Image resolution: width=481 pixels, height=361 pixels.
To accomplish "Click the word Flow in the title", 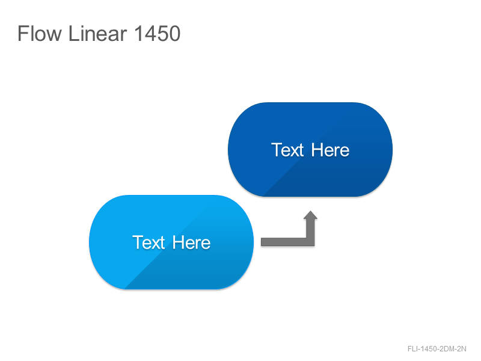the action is click(x=40, y=33).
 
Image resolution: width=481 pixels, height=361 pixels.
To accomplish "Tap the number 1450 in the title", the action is click(x=158, y=33).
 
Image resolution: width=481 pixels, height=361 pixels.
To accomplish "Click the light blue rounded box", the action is click(x=171, y=242).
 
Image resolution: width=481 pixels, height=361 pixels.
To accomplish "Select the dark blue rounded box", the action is click(x=310, y=149).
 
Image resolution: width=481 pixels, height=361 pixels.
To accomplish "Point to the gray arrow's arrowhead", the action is click(x=310, y=215).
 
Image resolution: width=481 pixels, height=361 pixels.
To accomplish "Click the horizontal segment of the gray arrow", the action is click(x=284, y=242).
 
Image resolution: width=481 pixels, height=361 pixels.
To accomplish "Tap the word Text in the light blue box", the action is click(x=149, y=242).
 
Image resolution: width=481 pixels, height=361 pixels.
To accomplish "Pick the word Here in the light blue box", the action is click(x=191, y=242).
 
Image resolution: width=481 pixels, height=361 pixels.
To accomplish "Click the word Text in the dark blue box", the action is click(x=287, y=150).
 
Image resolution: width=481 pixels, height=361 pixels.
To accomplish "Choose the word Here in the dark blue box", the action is click(x=330, y=150).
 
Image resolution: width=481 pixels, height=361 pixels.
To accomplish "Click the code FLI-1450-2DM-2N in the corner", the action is click(x=437, y=349).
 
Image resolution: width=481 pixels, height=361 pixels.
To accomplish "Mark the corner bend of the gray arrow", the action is click(x=310, y=242).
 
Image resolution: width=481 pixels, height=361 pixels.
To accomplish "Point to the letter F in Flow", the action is click(x=23, y=34).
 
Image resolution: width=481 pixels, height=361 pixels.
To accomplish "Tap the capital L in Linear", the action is click(x=73, y=34).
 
